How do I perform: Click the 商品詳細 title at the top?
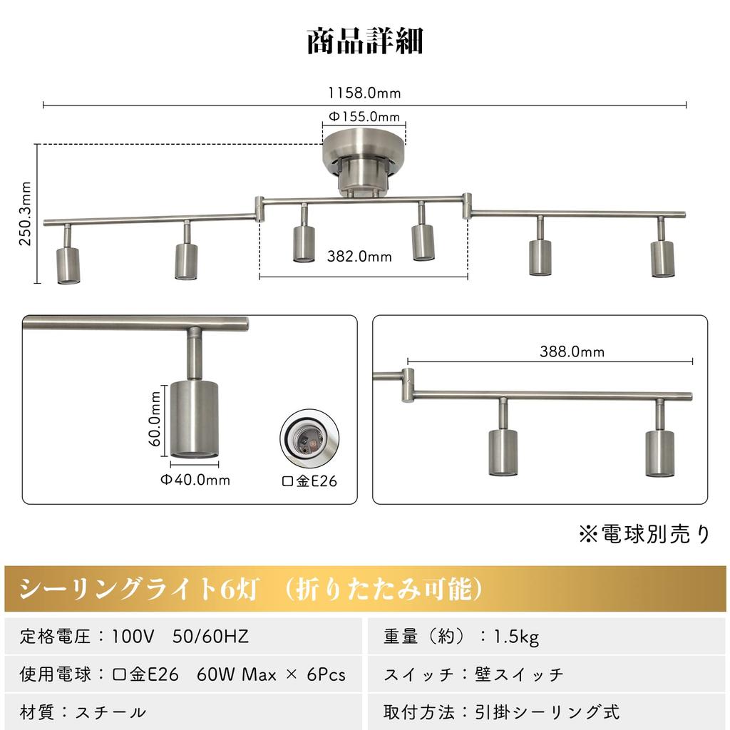365,41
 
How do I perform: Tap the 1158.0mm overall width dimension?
364,93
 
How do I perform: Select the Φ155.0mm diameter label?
364,116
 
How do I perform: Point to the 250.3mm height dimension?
26,213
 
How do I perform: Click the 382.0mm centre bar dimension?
359,257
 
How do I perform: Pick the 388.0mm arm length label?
572,351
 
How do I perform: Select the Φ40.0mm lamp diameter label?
195,480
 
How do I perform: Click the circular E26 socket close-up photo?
308,442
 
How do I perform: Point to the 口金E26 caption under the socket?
309,481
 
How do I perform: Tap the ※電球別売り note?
644,534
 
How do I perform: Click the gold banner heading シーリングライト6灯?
253,589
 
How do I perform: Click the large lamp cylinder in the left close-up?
194,421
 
